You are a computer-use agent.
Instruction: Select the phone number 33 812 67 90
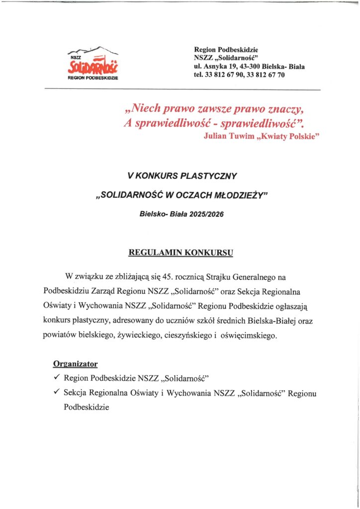pos(224,75)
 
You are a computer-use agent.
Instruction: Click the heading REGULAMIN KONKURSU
pos(180,253)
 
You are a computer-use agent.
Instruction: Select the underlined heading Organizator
pos(76,364)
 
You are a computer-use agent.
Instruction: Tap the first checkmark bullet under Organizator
pos(57,378)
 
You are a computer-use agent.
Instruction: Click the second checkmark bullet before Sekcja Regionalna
pos(57,393)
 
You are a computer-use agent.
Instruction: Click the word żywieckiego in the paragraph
pos(137,336)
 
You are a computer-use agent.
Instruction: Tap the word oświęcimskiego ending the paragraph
pos(248,336)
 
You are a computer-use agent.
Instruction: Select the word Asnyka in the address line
pos(215,66)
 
